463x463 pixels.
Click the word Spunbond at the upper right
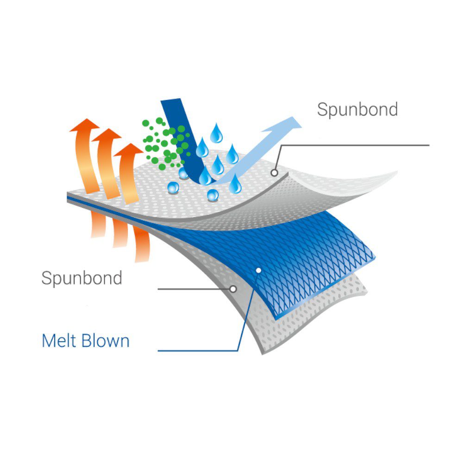(357, 110)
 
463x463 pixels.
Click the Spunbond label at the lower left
(81, 278)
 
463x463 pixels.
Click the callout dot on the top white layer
(274, 173)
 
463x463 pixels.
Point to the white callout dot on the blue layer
(258, 270)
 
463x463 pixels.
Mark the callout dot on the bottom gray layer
(233, 289)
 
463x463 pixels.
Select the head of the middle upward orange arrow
(106, 135)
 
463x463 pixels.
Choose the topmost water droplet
(216, 133)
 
